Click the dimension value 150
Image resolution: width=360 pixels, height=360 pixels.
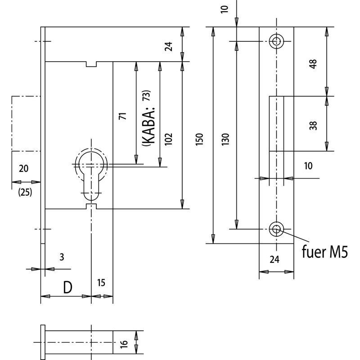[x=199, y=139]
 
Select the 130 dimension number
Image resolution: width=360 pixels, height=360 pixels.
[x=225, y=139]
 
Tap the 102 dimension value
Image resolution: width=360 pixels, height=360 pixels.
[x=168, y=139]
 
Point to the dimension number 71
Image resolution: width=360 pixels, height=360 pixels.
[x=122, y=116]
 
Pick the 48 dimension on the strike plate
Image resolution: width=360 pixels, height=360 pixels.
[x=313, y=64]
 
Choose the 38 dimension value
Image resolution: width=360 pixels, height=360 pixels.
[x=313, y=126]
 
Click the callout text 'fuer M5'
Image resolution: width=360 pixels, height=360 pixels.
[x=324, y=252]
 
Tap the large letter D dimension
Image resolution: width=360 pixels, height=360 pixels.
[x=67, y=287]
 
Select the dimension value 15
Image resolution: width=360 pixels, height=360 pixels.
[x=101, y=283]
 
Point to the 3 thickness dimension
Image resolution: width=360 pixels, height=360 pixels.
[x=62, y=257]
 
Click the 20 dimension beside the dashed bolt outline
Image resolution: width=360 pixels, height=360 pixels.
[x=24, y=168]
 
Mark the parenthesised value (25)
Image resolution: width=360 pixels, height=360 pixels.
[x=25, y=192]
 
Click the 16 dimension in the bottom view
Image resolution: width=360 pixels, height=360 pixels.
[x=123, y=344]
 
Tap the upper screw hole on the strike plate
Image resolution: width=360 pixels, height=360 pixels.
[x=276, y=41]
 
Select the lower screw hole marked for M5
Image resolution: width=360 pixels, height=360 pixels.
[x=276, y=229]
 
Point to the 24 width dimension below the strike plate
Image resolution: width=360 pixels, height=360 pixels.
[x=274, y=260]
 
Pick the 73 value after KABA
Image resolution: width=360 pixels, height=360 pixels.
[x=147, y=95]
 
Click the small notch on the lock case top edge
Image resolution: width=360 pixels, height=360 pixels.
[x=91, y=64]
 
